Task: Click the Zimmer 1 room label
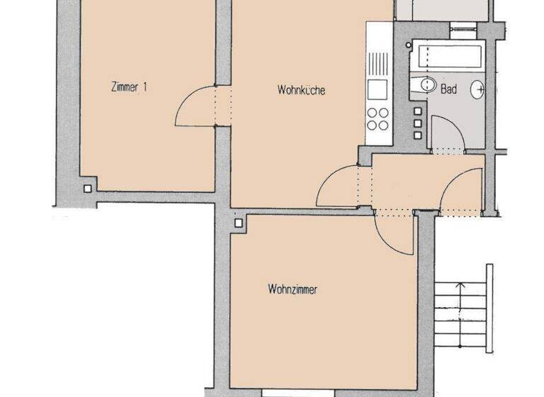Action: click(129, 88)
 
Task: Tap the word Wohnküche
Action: click(302, 90)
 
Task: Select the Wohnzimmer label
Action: click(291, 289)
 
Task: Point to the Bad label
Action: click(448, 90)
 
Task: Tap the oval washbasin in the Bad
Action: click(480, 89)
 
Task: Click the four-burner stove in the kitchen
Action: click(378, 118)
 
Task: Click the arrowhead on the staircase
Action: click(461, 285)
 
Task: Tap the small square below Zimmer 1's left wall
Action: click(87, 189)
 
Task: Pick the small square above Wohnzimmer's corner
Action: click(239, 223)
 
